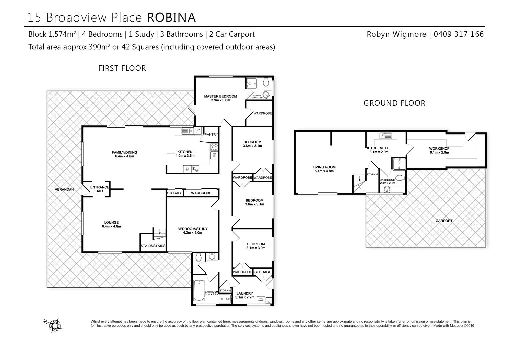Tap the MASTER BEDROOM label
coord(220,97)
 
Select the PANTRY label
coord(211,135)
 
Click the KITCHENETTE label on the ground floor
coord(379,148)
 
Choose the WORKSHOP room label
coord(439,149)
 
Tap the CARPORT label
coord(444,221)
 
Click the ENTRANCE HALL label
coord(99,189)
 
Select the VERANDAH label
coord(64,189)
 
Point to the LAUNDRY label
coord(245,294)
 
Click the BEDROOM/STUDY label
coord(192,229)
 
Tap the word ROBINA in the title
coord(171,17)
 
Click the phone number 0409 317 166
coord(459,34)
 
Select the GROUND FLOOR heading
coord(394,103)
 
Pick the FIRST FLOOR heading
coord(122,68)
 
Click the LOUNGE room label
coord(111,223)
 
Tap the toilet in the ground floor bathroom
coord(400,177)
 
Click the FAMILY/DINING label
coord(124,153)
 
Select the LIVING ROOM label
coord(324,167)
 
